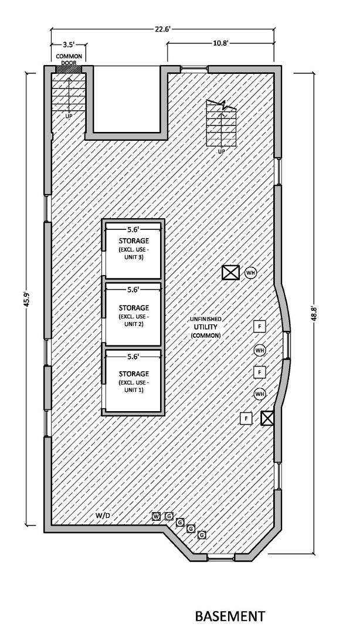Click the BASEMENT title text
229,616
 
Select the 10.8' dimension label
220,43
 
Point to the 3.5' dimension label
69,44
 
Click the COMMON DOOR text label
69,59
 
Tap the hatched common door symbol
69,69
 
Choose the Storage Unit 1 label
133,382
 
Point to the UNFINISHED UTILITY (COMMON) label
205,327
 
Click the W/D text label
103,516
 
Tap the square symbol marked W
157,516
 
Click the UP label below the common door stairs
69,116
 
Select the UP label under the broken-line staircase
221,152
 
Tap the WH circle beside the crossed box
251,273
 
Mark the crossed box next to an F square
267,418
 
